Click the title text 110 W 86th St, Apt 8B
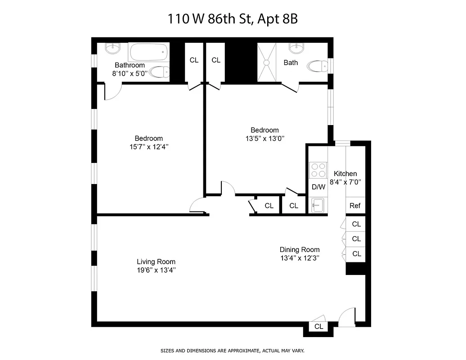[233, 19]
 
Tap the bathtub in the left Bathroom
[148, 52]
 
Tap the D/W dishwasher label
[318, 187]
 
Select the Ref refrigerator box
[355, 206]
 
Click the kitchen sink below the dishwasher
[318, 205]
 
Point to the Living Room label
[156, 261]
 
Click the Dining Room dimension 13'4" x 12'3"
[300, 258]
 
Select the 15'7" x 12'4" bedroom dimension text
[149, 147]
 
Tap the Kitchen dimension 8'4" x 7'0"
[345, 182]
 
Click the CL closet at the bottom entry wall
[319, 327]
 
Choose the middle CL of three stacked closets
[356, 239]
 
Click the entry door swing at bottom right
[346, 318]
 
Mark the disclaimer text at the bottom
[233, 350]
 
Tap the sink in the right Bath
[296, 47]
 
